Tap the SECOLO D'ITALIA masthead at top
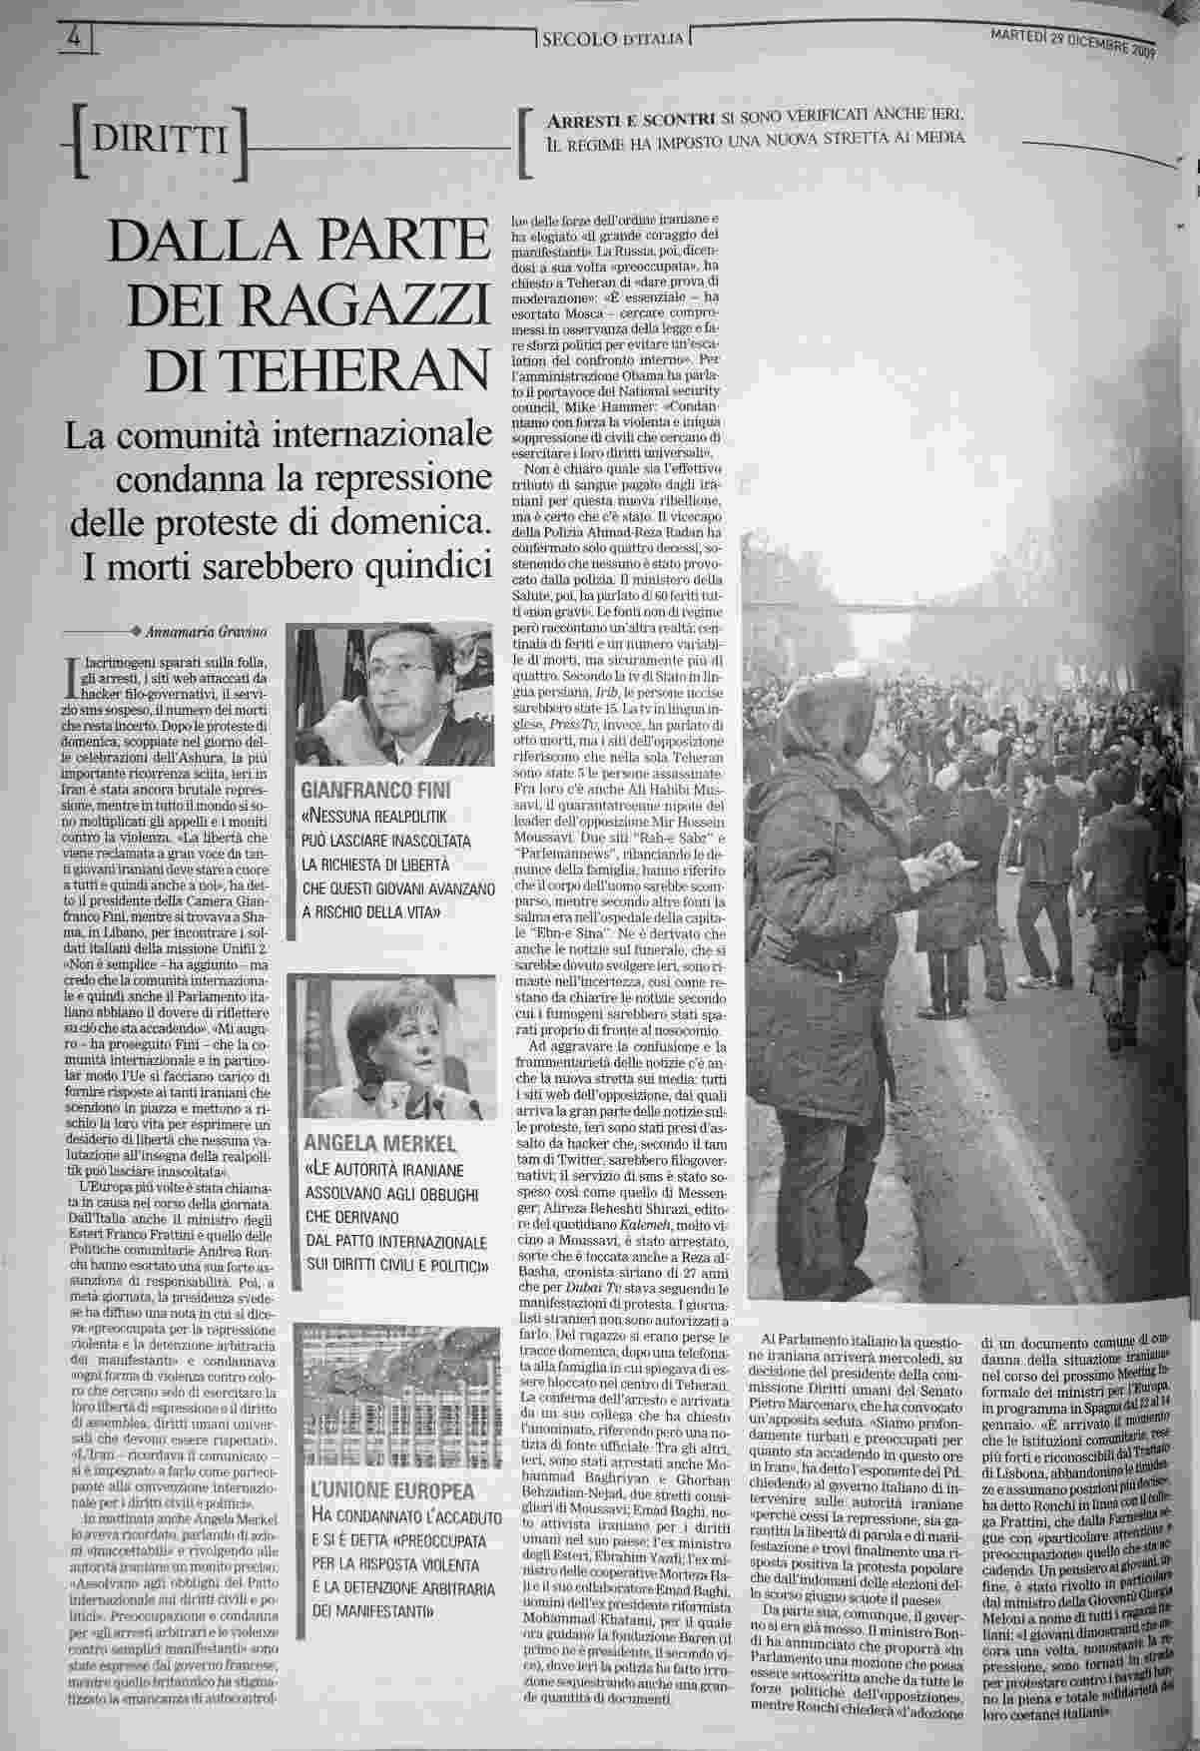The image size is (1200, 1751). pyautogui.click(x=612, y=39)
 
